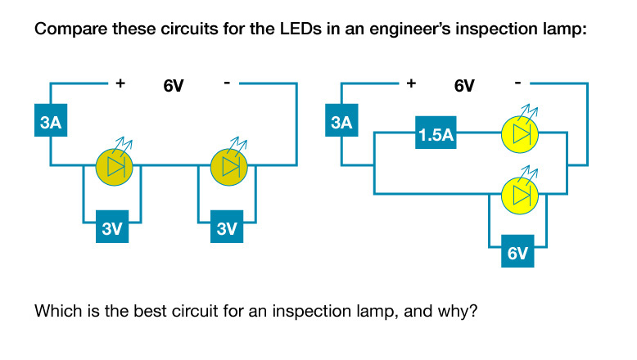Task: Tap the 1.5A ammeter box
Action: (x=435, y=134)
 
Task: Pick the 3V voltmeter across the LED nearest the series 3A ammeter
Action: (x=112, y=228)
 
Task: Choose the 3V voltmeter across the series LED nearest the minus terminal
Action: (x=227, y=228)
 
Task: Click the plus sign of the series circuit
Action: (x=120, y=83)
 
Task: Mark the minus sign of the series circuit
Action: (x=226, y=83)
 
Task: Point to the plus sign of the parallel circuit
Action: (x=411, y=83)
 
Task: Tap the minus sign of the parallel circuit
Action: (x=517, y=83)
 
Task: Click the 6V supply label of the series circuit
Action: (x=173, y=85)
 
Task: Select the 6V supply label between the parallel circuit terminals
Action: (x=463, y=85)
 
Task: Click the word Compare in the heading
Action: (x=65, y=32)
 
